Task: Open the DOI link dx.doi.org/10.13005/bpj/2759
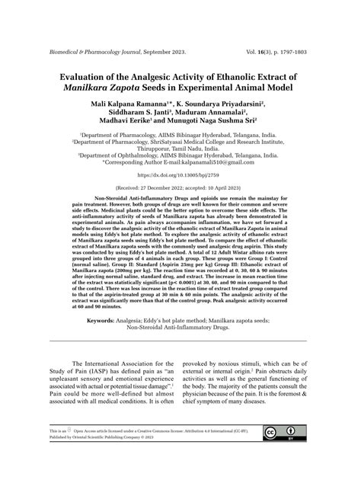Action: tap(180, 174)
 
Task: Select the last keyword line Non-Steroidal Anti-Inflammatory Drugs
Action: tap(180, 329)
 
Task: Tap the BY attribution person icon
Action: tap(292, 456)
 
